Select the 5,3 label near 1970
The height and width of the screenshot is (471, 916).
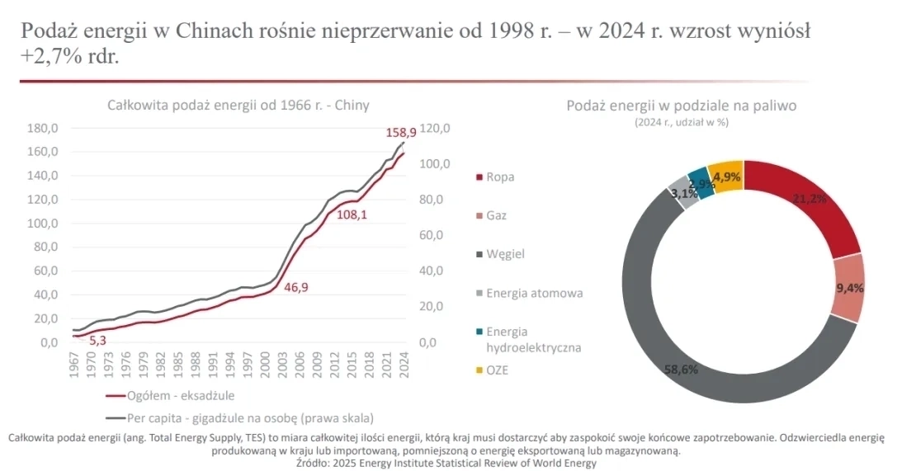(x=97, y=340)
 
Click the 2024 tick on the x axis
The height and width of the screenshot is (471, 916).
(x=404, y=365)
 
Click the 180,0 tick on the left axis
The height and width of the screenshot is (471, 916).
(x=44, y=128)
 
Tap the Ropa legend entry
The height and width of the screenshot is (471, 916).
(x=500, y=177)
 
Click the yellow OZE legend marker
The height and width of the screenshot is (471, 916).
(x=479, y=370)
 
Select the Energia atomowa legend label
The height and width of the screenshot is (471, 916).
(x=535, y=293)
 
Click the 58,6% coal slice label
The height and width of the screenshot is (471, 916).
(x=681, y=370)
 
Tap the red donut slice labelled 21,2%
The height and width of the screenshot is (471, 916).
(x=809, y=199)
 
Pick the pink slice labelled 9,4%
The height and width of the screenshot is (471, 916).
(x=849, y=288)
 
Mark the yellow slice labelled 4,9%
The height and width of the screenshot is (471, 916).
(x=727, y=177)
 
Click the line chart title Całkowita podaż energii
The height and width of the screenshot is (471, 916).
(x=238, y=106)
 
